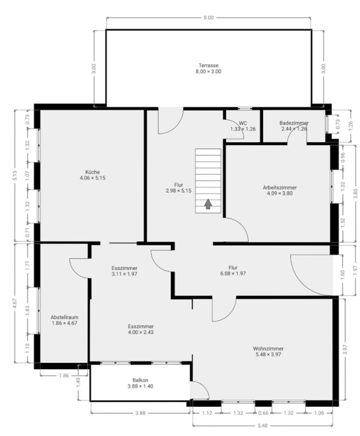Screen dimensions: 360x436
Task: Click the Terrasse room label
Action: tap(208, 68)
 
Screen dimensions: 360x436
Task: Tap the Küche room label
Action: tap(92, 175)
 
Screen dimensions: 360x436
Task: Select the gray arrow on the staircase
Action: tap(208, 204)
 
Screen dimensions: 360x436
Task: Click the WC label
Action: tap(243, 126)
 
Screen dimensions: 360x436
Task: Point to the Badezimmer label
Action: tap(294, 126)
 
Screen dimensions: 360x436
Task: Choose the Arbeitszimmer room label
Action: tap(280, 190)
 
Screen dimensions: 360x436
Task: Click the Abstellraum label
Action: tap(64, 320)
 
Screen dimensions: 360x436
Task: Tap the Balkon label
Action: tap(140, 383)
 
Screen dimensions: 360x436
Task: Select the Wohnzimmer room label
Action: tap(268, 351)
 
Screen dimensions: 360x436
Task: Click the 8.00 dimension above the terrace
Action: tap(209, 18)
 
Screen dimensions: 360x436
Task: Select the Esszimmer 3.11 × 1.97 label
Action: tap(124, 271)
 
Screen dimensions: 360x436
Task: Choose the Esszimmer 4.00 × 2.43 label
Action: tap(141, 329)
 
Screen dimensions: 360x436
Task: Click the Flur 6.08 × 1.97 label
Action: tap(233, 270)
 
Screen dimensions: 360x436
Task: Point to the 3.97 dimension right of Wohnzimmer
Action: tap(345, 349)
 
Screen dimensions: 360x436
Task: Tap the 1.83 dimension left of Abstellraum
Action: tap(28, 311)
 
